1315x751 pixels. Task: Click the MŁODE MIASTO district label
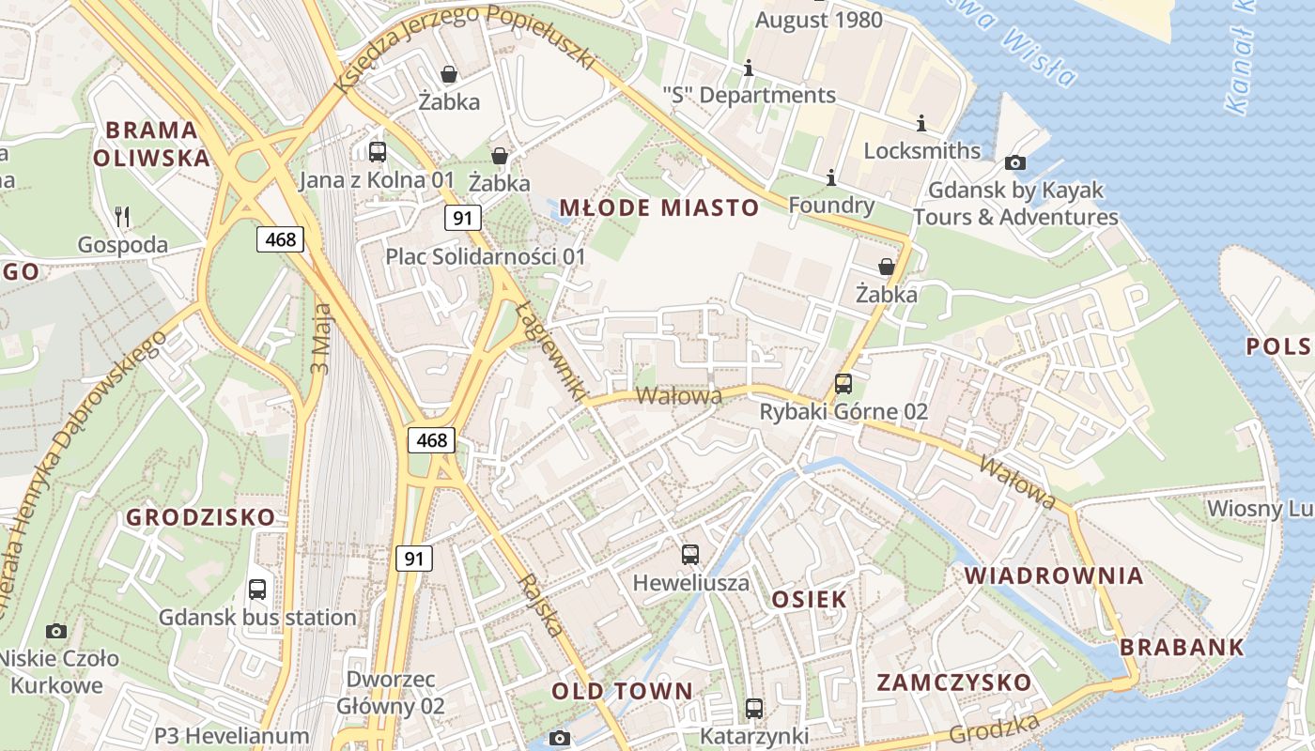pos(658,207)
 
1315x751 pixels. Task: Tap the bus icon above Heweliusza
pos(690,555)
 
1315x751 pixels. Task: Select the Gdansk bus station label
pos(257,618)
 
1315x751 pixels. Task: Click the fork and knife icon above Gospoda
pos(122,217)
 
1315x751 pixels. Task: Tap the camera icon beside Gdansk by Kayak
pos(1015,163)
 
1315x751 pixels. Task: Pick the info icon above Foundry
pos(830,177)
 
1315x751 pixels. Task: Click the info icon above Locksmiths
pos(920,123)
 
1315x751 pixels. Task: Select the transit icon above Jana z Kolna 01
pos(378,151)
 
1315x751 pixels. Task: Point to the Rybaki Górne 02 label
pos(843,411)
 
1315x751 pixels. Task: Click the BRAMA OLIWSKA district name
pos(151,144)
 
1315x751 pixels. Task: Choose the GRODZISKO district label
pos(201,517)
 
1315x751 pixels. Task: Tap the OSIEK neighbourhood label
pos(809,599)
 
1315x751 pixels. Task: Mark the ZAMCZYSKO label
pos(954,682)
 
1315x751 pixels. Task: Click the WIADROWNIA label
pos(1054,575)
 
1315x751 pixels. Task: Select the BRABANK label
pos(1182,647)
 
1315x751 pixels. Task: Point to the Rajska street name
pos(542,605)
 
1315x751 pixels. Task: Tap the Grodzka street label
pos(995,729)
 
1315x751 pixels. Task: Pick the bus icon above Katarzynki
pos(754,709)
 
